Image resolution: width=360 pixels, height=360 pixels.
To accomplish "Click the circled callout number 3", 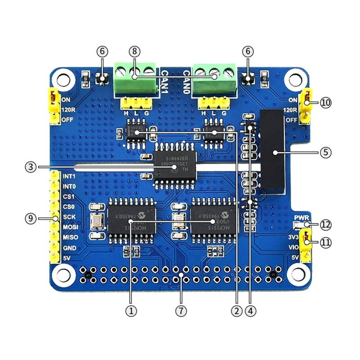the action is [31, 167].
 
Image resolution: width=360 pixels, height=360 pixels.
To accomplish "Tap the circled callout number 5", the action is [326, 152].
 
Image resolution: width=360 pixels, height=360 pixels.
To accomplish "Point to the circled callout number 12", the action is [326, 224].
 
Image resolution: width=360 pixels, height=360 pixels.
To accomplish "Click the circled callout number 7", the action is [181, 310].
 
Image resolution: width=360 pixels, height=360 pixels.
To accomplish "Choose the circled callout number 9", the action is [31, 218].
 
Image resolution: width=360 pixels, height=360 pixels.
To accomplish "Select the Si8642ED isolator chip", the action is [175, 164].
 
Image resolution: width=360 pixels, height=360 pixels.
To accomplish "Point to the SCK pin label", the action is [69, 217].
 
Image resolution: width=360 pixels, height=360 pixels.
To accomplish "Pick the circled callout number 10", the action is [326, 102].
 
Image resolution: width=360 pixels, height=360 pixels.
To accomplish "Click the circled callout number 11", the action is [326, 242].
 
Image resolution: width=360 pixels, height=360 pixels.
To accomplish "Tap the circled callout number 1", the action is [131, 310].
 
